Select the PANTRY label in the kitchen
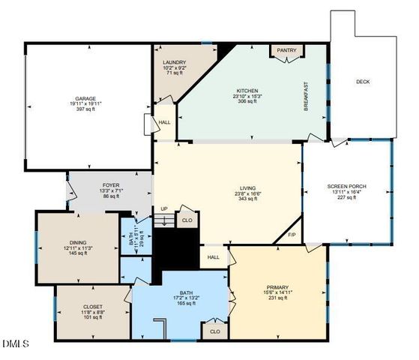tap(286, 51)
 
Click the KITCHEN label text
tap(247, 91)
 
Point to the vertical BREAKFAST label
tap(306, 97)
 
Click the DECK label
tap(363, 82)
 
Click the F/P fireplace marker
tap(292, 235)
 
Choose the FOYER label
tap(111, 184)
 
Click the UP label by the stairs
tap(163, 209)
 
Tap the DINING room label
tap(78, 242)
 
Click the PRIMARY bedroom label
tap(277, 287)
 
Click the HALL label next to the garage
tap(164, 121)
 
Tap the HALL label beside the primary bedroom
tap(213, 256)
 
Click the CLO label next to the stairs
tap(187, 220)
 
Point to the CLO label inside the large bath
tap(214, 330)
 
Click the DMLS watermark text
tap(16, 344)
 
